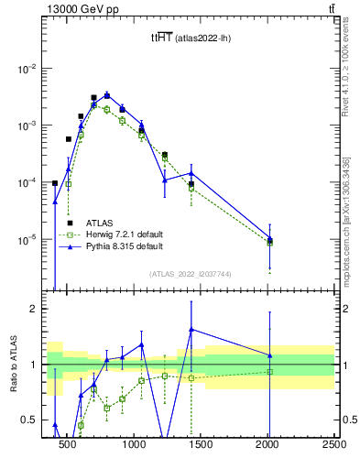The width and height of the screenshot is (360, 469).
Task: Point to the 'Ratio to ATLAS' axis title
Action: point(12,365)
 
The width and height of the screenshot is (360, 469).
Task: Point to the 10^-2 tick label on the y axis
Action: point(29,69)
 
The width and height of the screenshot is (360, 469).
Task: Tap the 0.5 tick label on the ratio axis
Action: point(31,420)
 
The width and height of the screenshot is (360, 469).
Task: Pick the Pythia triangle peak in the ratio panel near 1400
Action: point(191,329)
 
